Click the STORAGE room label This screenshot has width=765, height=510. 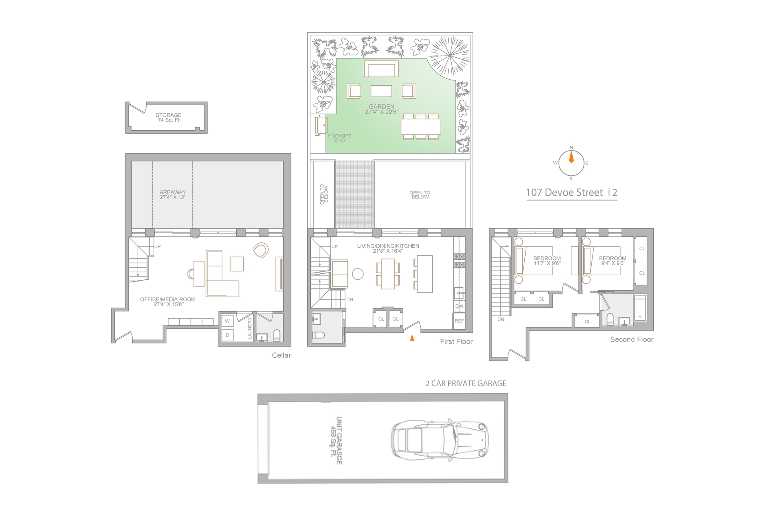[x=169, y=115]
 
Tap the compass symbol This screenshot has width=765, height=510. [x=571, y=163]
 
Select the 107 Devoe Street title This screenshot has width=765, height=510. [x=571, y=192]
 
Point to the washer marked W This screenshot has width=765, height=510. [x=228, y=321]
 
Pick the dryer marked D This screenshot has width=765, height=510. [x=228, y=335]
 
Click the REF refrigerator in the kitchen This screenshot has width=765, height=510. [x=459, y=321]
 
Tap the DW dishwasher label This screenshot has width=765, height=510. [x=459, y=306]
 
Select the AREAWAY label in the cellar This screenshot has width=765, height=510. [x=173, y=192]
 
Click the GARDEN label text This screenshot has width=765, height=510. [x=382, y=106]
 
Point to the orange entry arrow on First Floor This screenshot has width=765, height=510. [x=412, y=338]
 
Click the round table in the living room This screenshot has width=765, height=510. [x=358, y=274]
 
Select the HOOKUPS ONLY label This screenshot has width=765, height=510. [x=339, y=138]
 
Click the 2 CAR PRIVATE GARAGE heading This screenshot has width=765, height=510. [x=466, y=383]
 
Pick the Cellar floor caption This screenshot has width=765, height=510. [x=281, y=355]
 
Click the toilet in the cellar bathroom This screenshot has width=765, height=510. [x=277, y=335]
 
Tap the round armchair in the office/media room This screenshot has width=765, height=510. [x=261, y=250]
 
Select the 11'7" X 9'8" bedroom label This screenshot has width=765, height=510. [x=547, y=263]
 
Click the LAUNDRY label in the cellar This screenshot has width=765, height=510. [x=250, y=328]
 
